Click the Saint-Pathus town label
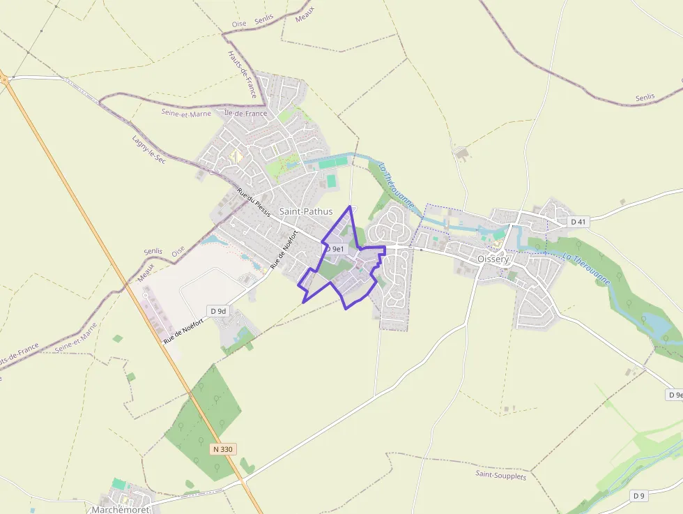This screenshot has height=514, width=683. tap(305, 211)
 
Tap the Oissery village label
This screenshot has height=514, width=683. tap(493, 259)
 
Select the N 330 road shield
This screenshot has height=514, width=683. tap(222, 449)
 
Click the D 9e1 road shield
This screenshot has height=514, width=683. tap(335, 248)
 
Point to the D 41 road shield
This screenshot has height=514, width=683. tap(578, 222)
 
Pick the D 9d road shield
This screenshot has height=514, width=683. tap(218, 310)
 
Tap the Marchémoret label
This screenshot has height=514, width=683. tap(121, 509)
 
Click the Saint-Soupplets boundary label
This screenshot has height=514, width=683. tap(501, 475)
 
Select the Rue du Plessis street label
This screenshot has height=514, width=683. tap(253, 202)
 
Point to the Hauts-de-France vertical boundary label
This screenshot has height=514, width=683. tap(242, 74)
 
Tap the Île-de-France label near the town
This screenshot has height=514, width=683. tap(245, 113)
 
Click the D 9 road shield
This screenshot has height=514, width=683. tap(639, 495)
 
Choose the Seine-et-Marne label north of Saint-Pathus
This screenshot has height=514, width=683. tap(186, 113)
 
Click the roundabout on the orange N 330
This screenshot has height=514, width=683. tap(3, 79)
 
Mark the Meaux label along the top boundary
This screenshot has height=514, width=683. tap(305, 14)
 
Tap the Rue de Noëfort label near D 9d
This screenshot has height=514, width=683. tap(184, 331)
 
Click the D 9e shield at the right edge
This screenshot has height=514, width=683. tap(675, 395)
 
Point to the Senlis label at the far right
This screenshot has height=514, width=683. tap(645, 98)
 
